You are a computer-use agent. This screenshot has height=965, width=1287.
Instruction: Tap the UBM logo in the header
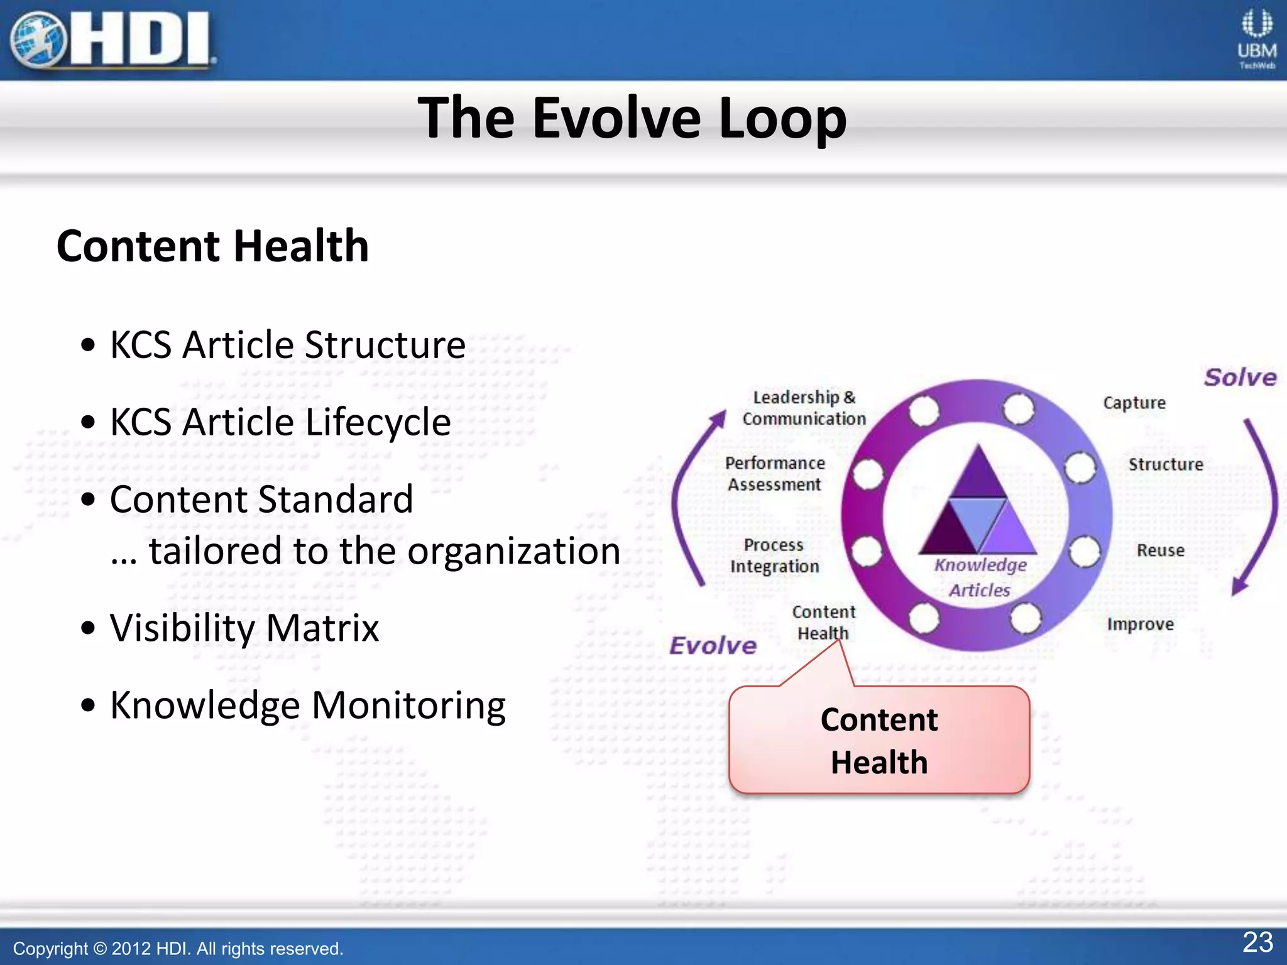coord(1256,39)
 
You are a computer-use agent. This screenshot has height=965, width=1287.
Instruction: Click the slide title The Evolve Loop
coord(632,118)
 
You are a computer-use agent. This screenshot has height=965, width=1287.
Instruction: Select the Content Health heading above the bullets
coord(212,246)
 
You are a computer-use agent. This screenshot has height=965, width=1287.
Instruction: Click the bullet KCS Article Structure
coord(287,345)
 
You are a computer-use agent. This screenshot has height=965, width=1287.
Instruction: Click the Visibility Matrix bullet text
coord(244,628)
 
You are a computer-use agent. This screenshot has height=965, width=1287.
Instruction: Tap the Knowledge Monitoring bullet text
coord(308,705)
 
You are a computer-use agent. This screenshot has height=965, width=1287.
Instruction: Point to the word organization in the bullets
coord(513,551)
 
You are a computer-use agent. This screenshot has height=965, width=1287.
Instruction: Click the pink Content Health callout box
coord(879,740)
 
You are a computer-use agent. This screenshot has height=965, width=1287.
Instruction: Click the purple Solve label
coord(1240,378)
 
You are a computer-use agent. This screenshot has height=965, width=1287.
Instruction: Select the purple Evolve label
coord(713,645)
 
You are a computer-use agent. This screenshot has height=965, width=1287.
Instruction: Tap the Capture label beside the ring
coord(1134,403)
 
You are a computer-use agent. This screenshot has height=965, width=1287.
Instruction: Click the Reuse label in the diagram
coord(1160,550)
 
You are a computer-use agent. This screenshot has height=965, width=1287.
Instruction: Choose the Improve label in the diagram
coord(1140,624)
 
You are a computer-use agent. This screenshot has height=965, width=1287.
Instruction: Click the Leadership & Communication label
coord(804,408)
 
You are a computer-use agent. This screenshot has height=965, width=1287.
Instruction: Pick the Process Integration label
coord(774,555)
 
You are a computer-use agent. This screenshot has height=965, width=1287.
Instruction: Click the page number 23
coord(1257,942)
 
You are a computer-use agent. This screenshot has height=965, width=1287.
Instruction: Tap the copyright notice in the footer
coord(178,948)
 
